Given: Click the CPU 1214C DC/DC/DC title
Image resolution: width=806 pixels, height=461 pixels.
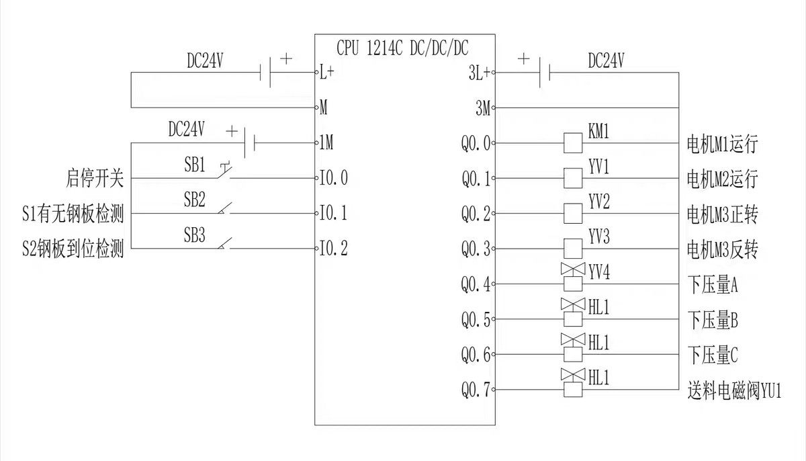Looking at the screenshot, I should coord(403,48).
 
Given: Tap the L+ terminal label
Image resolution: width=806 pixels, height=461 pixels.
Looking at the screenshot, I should coord(327,73).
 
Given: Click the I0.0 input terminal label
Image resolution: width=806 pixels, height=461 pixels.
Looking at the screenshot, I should coord(334,179).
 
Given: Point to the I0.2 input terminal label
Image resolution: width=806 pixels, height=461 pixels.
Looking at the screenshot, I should coord(334,249).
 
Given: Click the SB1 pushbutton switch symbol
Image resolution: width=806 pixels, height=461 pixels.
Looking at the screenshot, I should coord(223,174).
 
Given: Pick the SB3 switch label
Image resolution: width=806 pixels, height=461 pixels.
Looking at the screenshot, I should coord(195,236).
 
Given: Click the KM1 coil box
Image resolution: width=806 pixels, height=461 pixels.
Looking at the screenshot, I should coord(572,142).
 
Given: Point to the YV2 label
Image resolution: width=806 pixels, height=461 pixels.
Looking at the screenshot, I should coord(599,201).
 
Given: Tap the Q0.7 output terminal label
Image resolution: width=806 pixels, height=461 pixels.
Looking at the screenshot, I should coord(476,390).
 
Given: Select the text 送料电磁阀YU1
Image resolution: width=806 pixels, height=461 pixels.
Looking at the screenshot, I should coord(735,390).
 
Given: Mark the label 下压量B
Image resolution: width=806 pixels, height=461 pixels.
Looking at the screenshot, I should coord(713,320).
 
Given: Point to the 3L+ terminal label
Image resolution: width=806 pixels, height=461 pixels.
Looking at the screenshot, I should coord(479,73).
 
